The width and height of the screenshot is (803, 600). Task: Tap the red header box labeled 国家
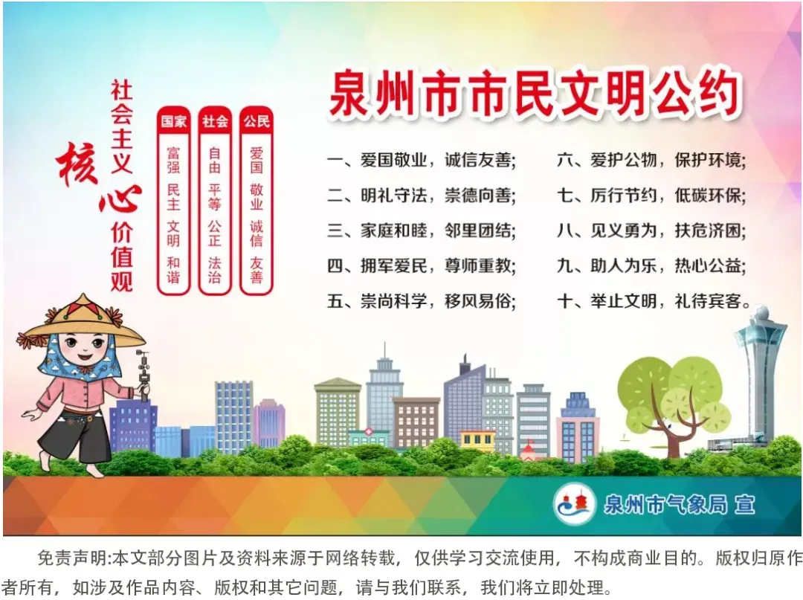[174, 121]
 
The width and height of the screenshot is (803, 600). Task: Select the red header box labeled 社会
[215, 121]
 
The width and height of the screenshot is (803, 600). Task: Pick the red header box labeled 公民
[257, 121]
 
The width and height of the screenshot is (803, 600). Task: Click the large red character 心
[119, 201]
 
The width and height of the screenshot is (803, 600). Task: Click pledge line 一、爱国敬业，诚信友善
[421, 160]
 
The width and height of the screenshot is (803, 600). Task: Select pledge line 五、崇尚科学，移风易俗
[421, 301]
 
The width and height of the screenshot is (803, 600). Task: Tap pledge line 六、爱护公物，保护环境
[651, 160]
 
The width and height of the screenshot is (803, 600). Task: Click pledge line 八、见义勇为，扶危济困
[651, 230]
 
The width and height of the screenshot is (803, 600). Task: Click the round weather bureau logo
[574, 505]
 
